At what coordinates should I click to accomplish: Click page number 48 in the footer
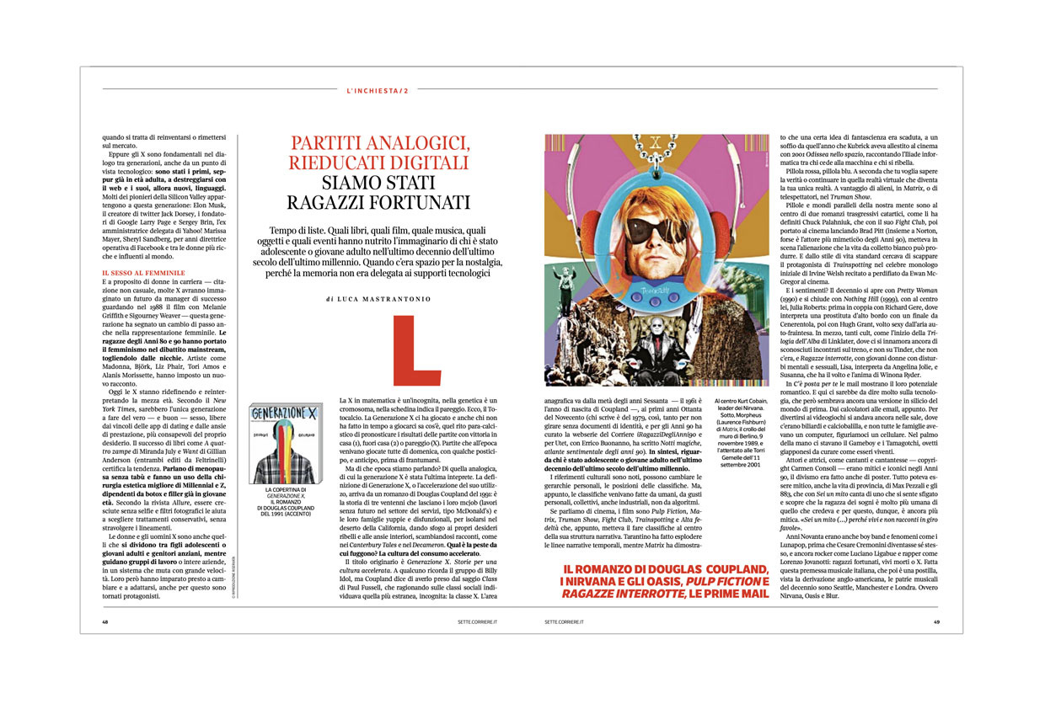(x=105, y=622)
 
